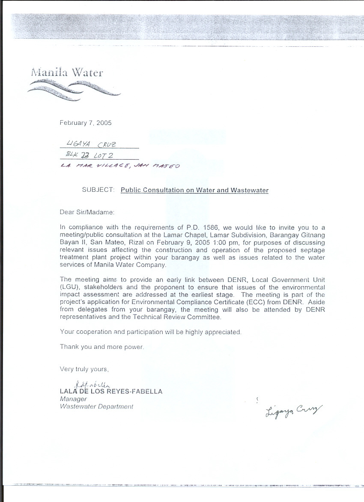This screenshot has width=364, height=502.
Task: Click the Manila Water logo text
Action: point(67,72)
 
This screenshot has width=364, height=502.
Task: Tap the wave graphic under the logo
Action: point(73,91)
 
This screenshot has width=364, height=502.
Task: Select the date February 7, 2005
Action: point(86,123)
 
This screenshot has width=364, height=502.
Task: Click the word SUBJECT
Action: point(98,190)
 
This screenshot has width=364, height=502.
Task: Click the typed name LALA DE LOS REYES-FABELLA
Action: point(111,391)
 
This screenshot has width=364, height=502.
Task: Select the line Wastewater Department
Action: point(97,407)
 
